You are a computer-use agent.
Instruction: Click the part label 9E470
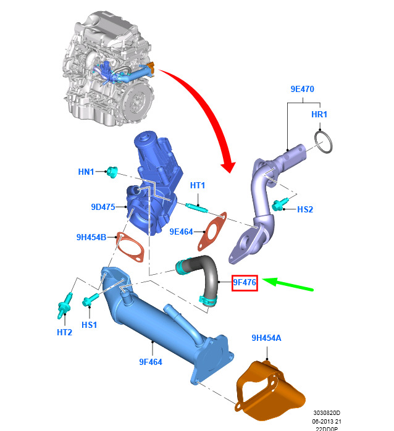pos(303,89)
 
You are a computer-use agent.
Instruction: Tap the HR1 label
pos(319,115)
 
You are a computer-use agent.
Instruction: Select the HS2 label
pos(305,209)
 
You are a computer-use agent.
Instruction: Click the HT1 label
pos(197,185)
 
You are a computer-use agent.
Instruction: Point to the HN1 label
pos(86,171)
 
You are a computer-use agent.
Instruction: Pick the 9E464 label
pos(182,232)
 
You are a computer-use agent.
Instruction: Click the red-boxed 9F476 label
pos(245,283)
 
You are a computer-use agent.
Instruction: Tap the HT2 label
pos(65,332)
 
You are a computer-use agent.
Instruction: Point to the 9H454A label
pos(267,338)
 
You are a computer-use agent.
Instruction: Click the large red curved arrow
pos(210,111)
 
